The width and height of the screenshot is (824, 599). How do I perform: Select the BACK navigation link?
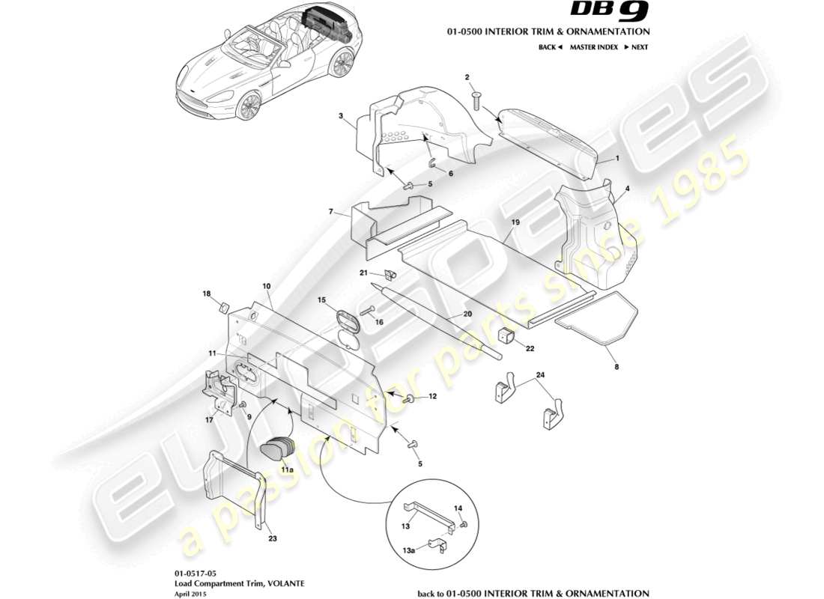tap(550, 47)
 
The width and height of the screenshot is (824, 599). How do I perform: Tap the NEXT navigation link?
tap(635, 47)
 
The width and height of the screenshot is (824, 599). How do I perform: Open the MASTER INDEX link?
tap(593, 47)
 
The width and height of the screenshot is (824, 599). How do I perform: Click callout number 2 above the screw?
tap(467, 77)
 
